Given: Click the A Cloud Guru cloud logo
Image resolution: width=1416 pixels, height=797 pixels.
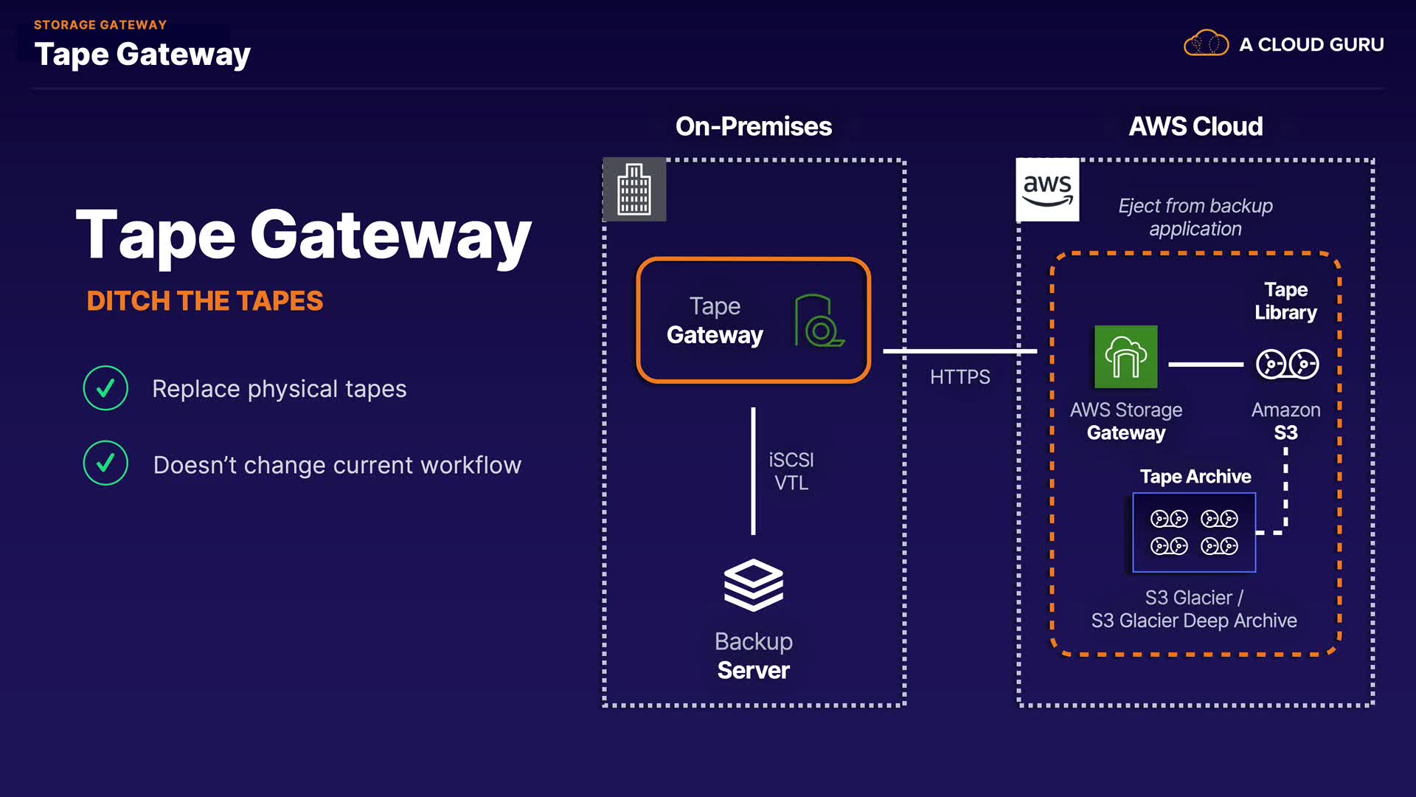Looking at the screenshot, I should [1206, 44].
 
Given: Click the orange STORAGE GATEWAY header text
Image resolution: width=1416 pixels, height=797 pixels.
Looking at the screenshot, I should [100, 25].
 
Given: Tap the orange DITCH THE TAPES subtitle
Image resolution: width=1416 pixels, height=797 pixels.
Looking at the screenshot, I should [205, 301].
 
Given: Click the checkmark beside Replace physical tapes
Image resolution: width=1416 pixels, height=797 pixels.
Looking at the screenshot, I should [105, 388].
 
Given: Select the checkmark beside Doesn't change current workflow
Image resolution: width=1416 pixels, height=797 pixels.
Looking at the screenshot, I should [105, 463].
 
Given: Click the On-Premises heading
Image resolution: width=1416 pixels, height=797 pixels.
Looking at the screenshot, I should [753, 126].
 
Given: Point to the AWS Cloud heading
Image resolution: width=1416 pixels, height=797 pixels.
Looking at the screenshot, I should [1195, 126].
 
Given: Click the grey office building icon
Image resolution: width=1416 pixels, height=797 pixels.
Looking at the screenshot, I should [634, 190].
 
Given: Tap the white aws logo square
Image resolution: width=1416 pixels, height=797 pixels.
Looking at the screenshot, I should [1047, 190].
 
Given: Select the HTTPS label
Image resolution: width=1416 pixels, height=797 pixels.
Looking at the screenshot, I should [959, 377].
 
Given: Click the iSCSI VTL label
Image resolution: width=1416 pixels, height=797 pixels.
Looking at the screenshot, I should [791, 472].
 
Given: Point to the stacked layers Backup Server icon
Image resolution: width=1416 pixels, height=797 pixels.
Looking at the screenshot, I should [753, 585].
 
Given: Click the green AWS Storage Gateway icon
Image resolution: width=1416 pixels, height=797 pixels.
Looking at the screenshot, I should [1125, 357].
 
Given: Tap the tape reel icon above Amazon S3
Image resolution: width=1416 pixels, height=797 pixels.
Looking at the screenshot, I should [1287, 364].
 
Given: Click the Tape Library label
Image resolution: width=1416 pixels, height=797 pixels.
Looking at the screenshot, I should [1285, 301].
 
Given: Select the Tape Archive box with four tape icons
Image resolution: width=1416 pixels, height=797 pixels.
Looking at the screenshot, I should [1194, 532].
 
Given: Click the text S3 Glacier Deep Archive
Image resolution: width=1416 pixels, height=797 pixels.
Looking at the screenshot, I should [1194, 621].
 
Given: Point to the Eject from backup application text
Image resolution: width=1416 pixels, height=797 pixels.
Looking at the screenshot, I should [1195, 217].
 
